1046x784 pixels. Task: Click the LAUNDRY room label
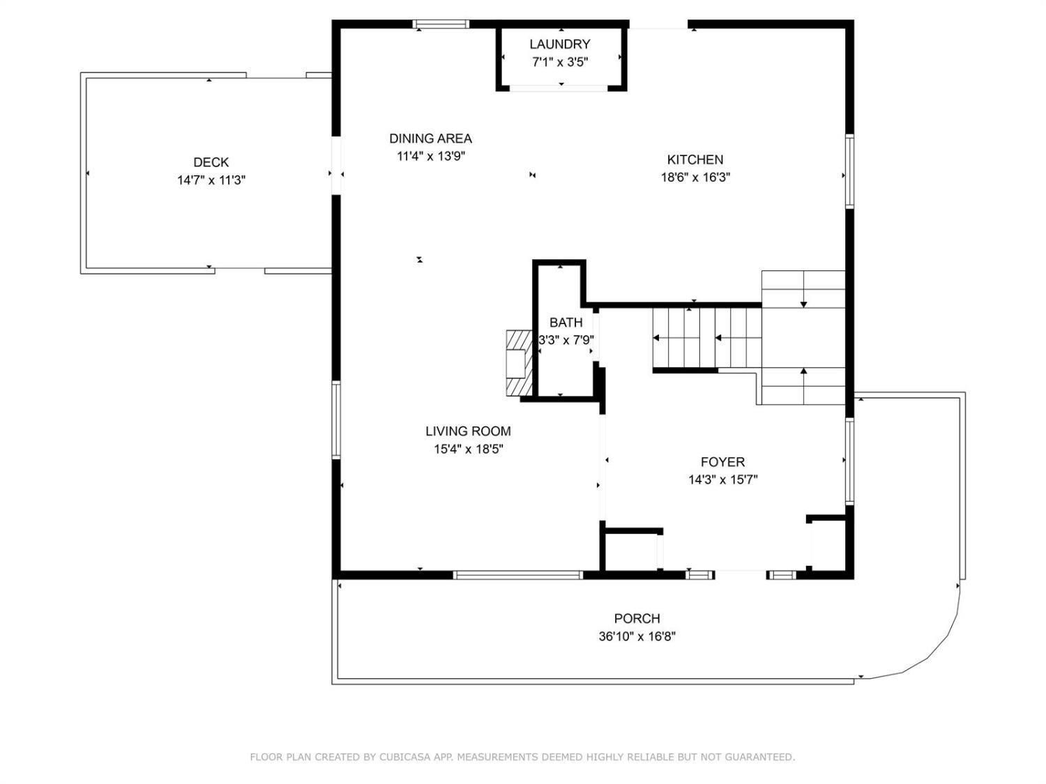point(560,45)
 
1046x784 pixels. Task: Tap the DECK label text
point(211,162)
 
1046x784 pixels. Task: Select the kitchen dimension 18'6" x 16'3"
point(695,178)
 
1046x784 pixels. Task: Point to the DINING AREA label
point(431,139)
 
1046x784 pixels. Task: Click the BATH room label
point(566,323)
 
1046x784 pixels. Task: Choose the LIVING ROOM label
point(469,431)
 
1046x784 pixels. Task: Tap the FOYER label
point(723,462)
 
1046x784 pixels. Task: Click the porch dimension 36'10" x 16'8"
point(637,636)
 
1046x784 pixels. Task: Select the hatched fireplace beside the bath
point(519,363)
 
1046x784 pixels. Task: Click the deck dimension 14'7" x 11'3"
point(211,180)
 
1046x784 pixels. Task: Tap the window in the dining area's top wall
point(441,24)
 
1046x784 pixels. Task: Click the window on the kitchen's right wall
point(849,171)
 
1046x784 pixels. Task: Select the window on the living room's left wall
point(336,420)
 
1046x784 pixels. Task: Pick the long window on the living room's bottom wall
point(517,575)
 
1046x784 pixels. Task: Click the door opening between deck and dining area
point(337,165)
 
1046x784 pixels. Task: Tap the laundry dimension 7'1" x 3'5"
point(560,62)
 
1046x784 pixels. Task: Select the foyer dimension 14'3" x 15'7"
point(723,480)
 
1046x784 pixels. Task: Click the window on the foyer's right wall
point(849,461)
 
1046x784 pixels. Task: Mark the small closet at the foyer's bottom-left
point(631,552)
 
